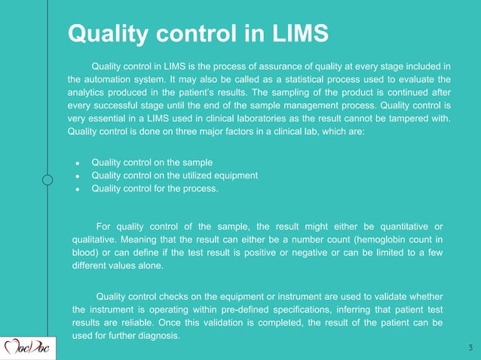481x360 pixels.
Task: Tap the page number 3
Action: pyautogui.click(x=470, y=347)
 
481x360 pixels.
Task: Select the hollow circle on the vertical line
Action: pyautogui.click(x=47, y=180)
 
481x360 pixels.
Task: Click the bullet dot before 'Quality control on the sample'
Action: pyautogui.click(x=78, y=163)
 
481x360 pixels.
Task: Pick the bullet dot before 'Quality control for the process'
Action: pyautogui.click(x=78, y=189)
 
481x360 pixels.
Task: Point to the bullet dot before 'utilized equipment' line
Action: pyautogui.click(x=78, y=176)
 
